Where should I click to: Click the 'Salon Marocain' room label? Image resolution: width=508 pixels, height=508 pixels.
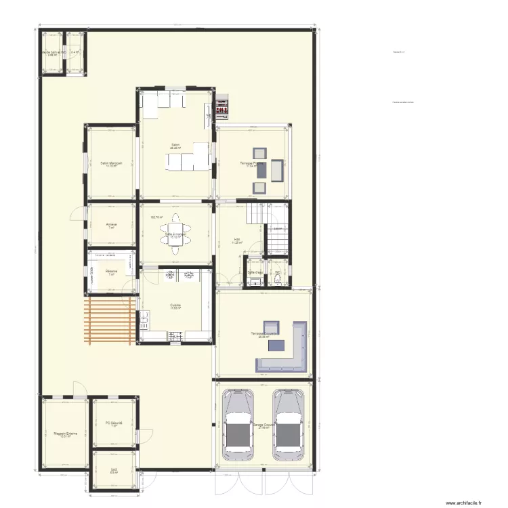(x=111, y=163)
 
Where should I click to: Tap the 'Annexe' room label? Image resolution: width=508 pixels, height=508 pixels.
(x=112, y=225)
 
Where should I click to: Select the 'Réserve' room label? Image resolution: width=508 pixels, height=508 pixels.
(x=111, y=272)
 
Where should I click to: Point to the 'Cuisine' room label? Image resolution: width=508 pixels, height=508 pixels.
(x=175, y=305)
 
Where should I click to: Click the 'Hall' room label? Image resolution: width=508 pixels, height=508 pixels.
(x=237, y=240)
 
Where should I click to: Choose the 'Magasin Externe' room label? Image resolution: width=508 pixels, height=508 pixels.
(x=65, y=434)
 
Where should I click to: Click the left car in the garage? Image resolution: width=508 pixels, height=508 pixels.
(x=238, y=423)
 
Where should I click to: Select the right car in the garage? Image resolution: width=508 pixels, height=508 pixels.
(x=288, y=423)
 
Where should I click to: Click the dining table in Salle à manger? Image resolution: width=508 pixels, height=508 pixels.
(x=175, y=234)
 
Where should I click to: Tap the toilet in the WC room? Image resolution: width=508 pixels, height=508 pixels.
(x=278, y=280)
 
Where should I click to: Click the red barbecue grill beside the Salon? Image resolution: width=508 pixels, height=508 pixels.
(x=222, y=109)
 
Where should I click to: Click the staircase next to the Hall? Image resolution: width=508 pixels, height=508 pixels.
(x=255, y=215)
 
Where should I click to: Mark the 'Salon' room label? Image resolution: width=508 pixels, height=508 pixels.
(x=175, y=146)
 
